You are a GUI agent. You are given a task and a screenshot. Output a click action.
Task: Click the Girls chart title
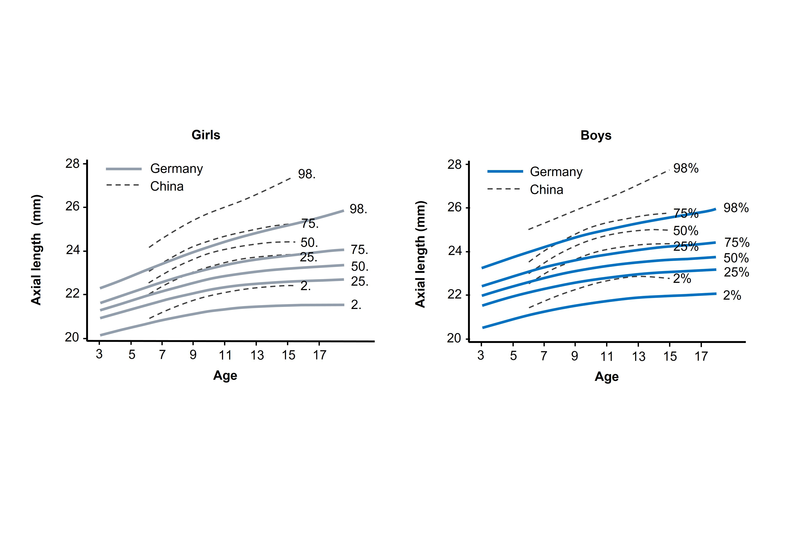pos(206,135)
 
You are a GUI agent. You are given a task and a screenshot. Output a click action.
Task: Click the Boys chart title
pos(596,135)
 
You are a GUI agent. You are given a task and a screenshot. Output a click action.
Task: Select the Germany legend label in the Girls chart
pos(177,169)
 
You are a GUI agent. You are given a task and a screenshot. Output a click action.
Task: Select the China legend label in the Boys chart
pos(546,190)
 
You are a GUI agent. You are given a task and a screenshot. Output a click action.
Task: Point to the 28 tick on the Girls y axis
pos(72,164)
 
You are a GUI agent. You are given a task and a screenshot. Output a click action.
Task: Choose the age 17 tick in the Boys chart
pos(701,356)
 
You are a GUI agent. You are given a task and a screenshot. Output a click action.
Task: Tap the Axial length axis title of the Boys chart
pos(420,254)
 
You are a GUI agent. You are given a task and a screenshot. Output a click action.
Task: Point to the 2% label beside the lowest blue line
pos(732,295)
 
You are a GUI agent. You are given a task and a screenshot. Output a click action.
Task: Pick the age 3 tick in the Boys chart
pos(481,356)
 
